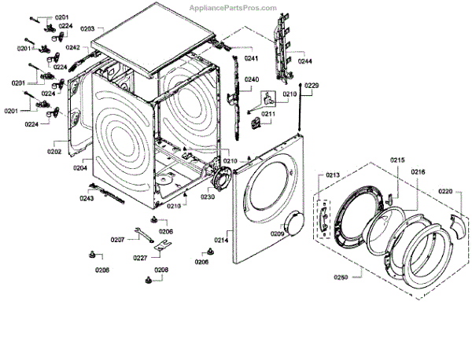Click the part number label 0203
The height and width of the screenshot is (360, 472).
coord(87,28)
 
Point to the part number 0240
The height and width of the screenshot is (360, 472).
coord(252,79)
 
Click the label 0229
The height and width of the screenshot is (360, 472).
coord(311,85)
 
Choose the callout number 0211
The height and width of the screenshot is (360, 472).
coord(268,114)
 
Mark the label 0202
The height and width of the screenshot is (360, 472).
coord(54,151)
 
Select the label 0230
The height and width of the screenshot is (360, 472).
coord(207,197)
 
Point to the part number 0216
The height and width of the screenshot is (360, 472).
coord(418,171)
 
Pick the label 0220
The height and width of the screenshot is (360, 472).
coord(445,191)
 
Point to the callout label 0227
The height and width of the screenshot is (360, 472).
coord(140,257)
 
